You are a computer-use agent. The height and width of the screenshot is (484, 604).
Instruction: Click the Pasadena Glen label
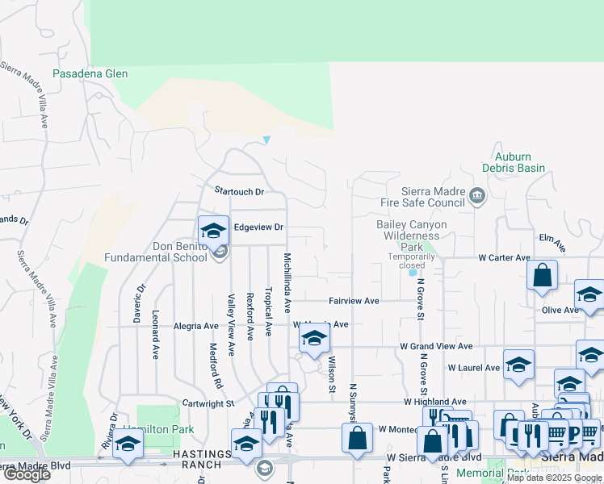[90, 73]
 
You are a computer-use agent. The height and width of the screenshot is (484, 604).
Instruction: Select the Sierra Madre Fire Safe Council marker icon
[477, 194]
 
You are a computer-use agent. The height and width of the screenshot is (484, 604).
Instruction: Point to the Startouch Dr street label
[239, 192]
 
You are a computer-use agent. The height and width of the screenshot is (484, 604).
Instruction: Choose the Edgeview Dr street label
[258, 227]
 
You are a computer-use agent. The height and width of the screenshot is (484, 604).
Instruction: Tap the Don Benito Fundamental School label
[156, 252]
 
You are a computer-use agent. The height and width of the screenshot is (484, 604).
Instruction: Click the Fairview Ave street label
[354, 301]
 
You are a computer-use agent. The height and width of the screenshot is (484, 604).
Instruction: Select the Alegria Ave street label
[196, 327]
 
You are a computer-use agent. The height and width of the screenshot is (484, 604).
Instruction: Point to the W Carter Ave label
[504, 258]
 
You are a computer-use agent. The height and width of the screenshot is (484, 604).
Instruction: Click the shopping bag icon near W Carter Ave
[543, 274]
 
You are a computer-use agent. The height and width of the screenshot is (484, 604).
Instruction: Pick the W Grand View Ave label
[436, 346]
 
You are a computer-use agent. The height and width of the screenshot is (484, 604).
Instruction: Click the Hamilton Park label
[158, 430]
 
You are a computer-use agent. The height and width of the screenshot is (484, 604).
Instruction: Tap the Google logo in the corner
[27, 474]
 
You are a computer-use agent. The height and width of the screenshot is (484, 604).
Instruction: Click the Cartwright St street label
[207, 403]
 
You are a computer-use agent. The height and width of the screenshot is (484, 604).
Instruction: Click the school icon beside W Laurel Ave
[518, 364]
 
